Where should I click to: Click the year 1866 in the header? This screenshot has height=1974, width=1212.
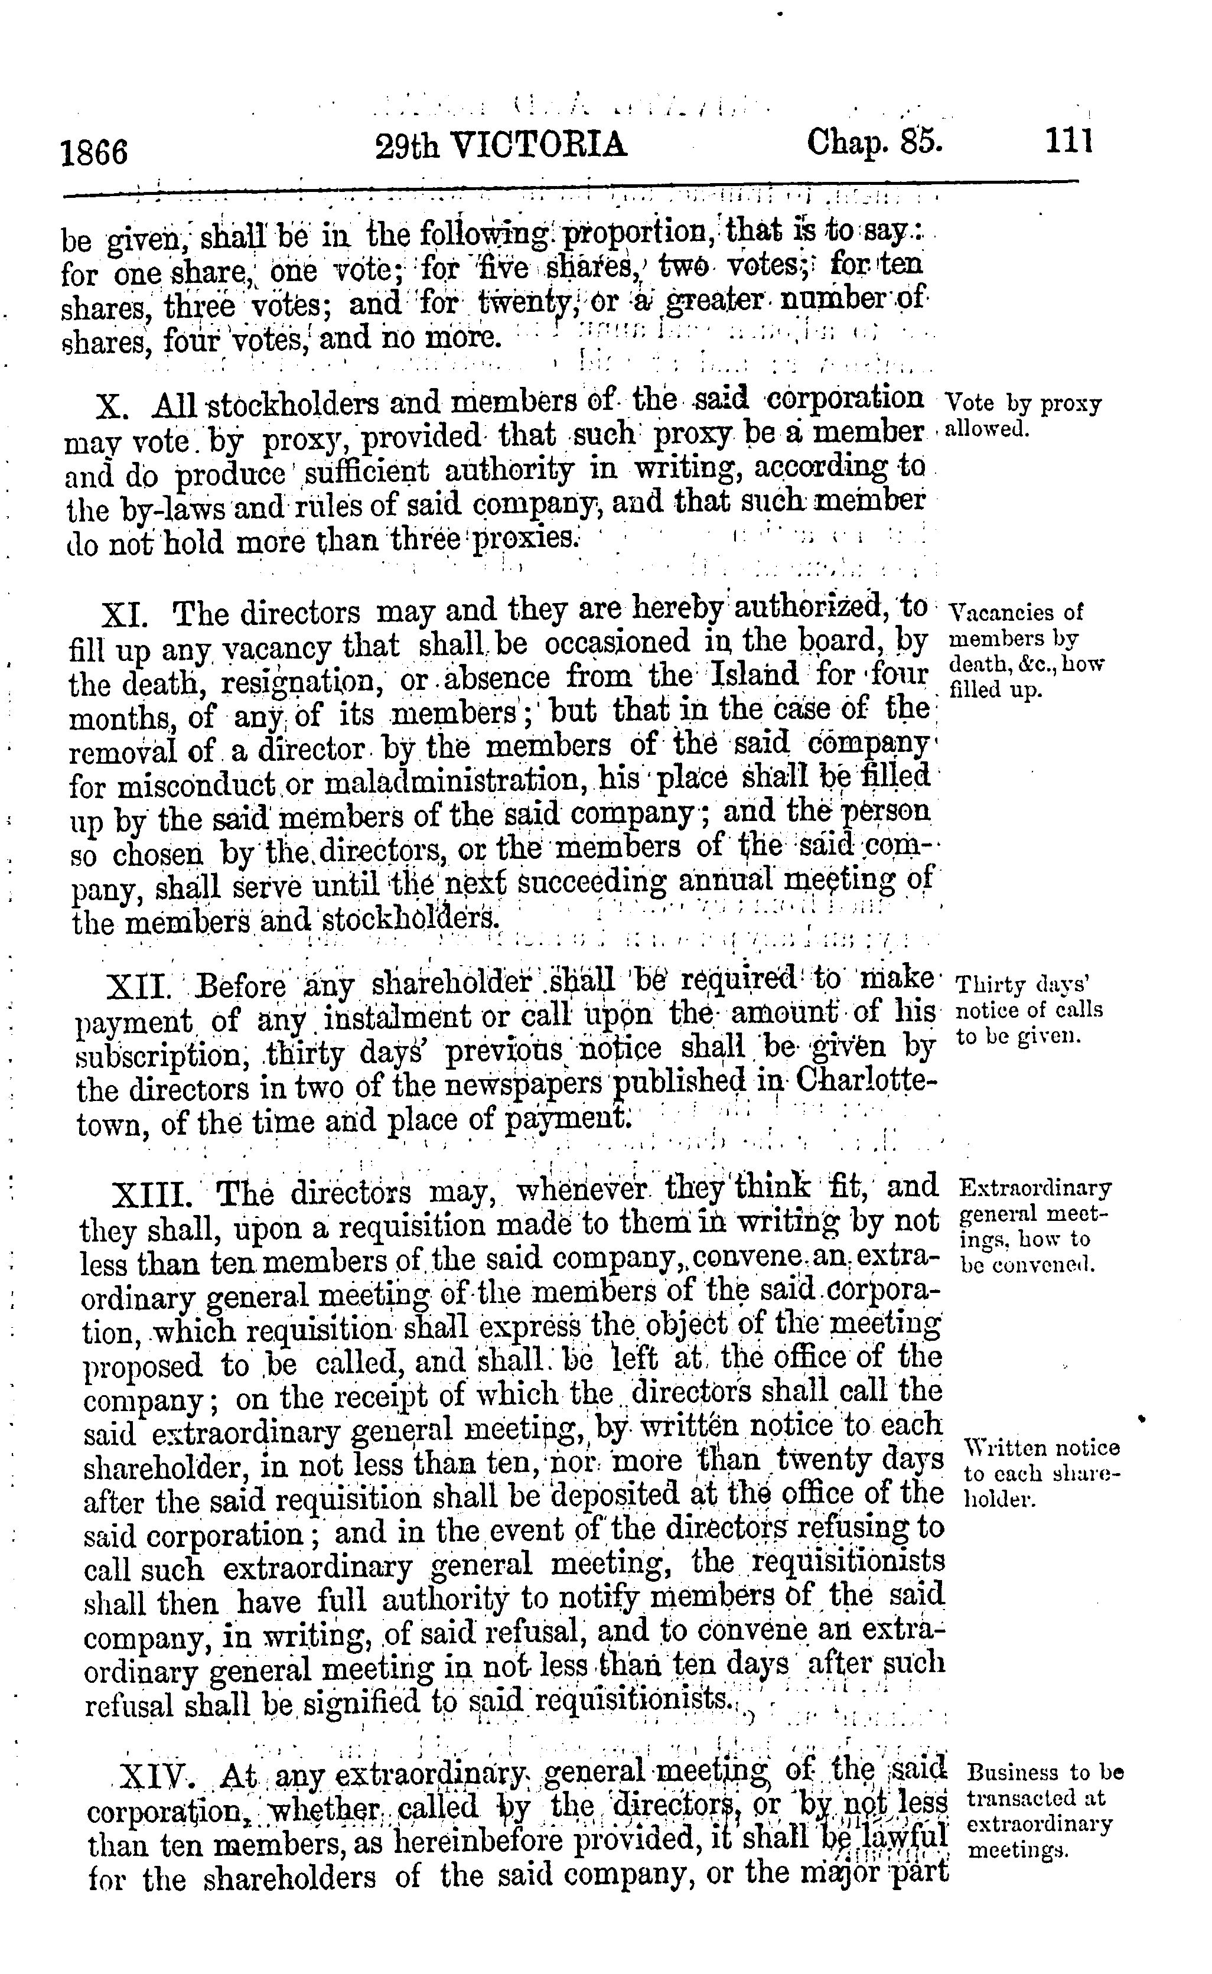[x=95, y=151]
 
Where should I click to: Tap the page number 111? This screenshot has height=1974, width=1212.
[x=1068, y=143]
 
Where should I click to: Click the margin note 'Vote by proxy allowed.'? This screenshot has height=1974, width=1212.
[x=1023, y=416]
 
